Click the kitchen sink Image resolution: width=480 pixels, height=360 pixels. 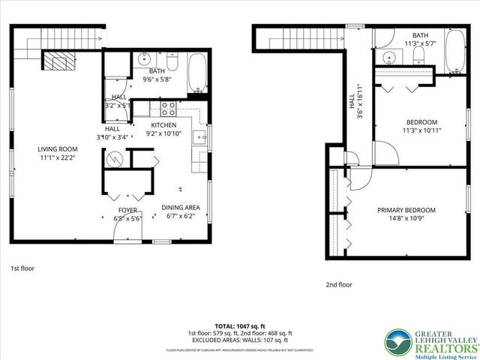coord(199,137)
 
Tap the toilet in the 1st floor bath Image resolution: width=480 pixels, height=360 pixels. coord(172,58)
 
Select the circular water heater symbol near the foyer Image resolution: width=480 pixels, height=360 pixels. coord(114,159)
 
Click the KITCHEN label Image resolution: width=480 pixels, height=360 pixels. coord(163,125)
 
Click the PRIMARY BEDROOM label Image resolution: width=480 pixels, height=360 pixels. coord(406,211)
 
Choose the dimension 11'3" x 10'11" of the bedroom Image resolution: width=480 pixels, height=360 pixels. coord(421,130)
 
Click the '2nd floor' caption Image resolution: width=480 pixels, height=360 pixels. coord(338,285)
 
